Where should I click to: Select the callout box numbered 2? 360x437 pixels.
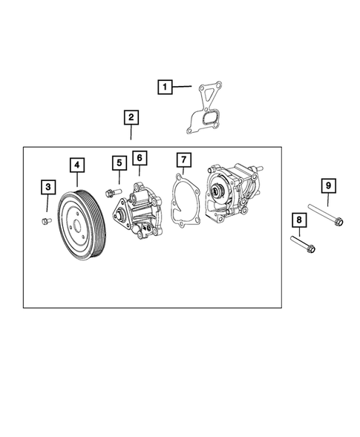click(x=130, y=118)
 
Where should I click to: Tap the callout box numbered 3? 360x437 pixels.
click(x=48, y=186)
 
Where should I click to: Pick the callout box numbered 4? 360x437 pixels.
click(x=76, y=165)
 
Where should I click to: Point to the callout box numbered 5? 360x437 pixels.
click(x=117, y=162)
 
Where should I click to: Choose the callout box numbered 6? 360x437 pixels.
click(x=139, y=157)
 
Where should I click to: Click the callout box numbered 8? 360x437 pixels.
click(x=298, y=220)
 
